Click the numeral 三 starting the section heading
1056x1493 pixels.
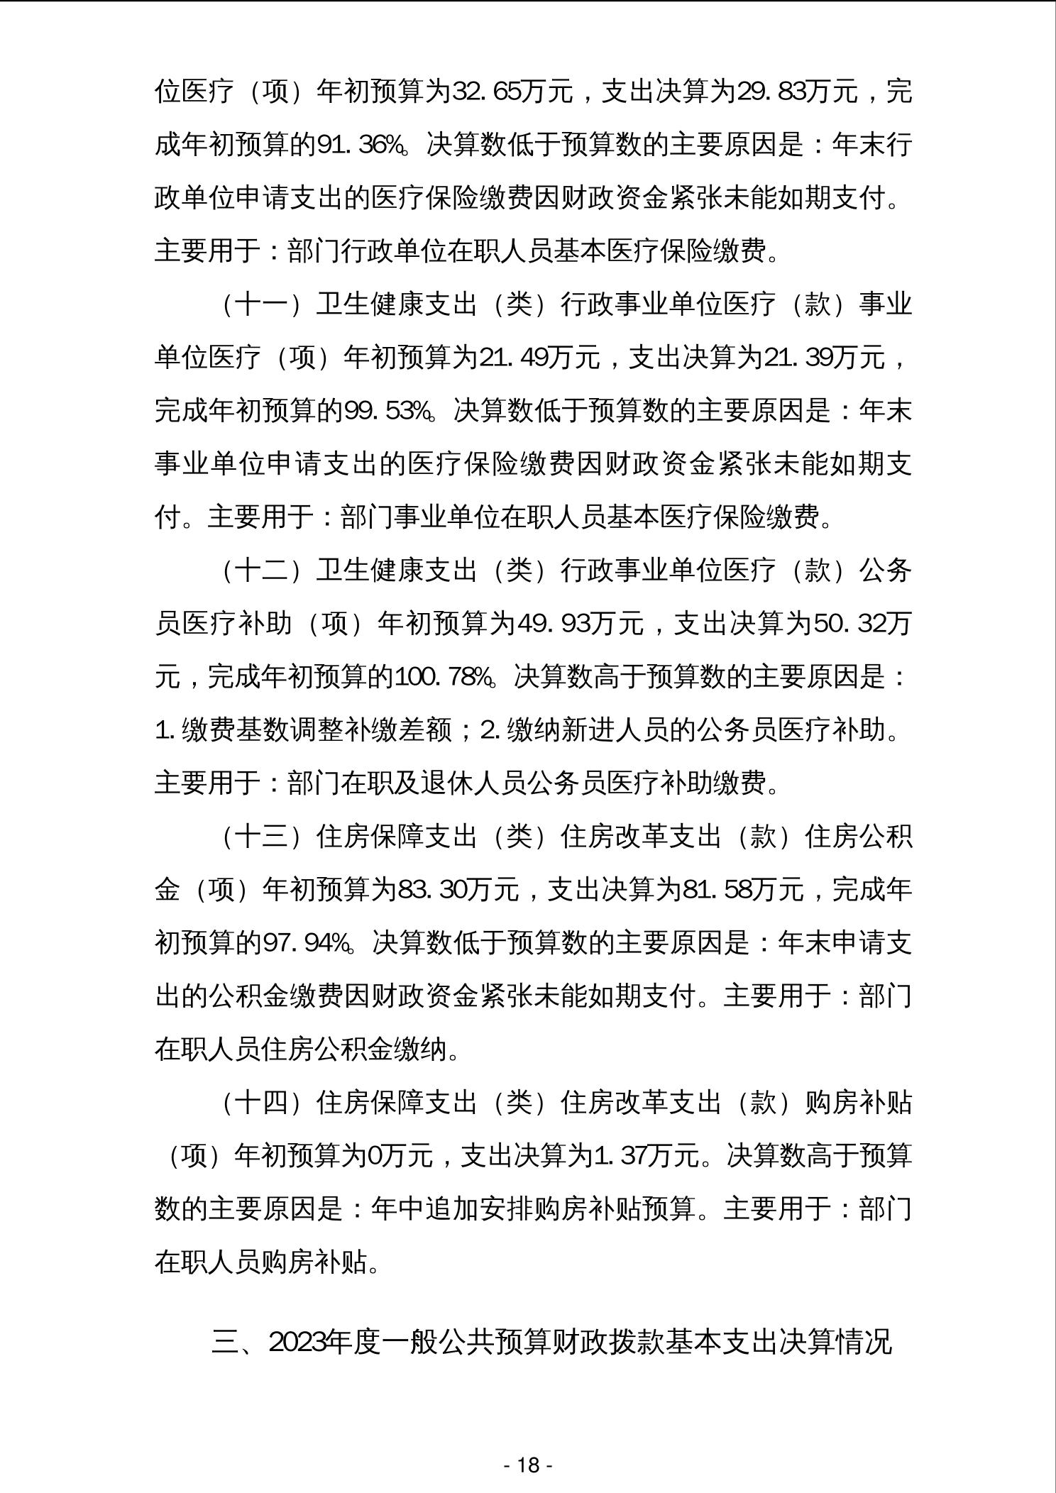click(x=225, y=1343)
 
